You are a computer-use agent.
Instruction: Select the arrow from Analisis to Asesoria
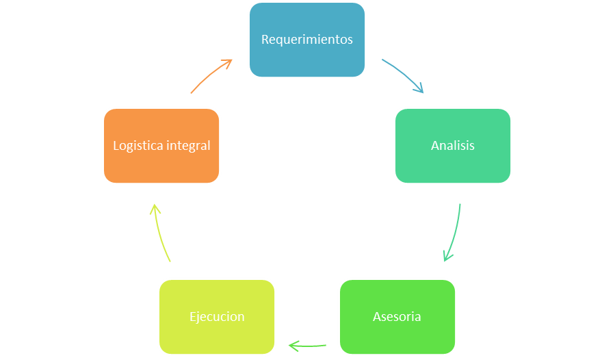456,233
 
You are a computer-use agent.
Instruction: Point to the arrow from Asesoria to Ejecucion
308,346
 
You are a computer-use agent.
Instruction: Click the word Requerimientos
306,40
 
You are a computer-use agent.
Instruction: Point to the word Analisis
452,146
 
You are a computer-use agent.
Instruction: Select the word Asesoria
397,317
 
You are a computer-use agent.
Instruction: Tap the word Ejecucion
216,317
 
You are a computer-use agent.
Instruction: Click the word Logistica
137,146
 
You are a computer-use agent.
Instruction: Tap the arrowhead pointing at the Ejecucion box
293,346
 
